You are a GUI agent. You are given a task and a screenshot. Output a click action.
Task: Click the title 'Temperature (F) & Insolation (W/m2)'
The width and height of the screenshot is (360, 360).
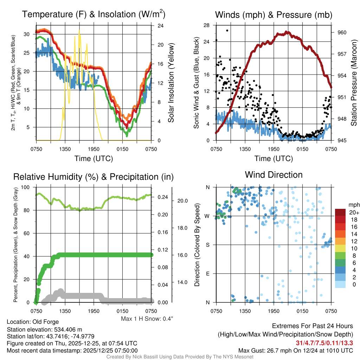pyautogui.click(x=94, y=15)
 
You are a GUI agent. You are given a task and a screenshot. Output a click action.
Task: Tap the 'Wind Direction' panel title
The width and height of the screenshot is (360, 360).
pyautogui.click(x=274, y=175)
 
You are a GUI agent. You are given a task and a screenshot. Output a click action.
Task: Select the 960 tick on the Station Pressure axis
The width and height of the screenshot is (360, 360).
pyautogui.click(x=342, y=32)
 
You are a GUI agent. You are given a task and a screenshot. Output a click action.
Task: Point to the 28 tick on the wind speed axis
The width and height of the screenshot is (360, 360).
pyautogui.click(x=207, y=25)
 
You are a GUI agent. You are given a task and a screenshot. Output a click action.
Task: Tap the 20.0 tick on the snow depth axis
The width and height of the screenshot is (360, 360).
pyautogui.click(x=182, y=201)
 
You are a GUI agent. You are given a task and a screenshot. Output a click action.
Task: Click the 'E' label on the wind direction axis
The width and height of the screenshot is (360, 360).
pyautogui.click(x=208, y=274)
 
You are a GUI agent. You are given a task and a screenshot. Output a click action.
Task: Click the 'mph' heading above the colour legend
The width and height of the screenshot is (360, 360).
pyautogui.click(x=353, y=205)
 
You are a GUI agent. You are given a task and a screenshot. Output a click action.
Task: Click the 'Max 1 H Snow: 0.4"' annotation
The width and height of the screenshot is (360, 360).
pyautogui.click(x=147, y=319)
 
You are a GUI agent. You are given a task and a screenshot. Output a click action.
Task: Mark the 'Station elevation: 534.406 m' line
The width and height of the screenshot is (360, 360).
pyautogui.click(x=44, y=329)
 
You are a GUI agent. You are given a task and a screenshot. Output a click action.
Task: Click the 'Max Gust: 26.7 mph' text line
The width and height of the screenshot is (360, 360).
pyautogui.click(x=295, y=350)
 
